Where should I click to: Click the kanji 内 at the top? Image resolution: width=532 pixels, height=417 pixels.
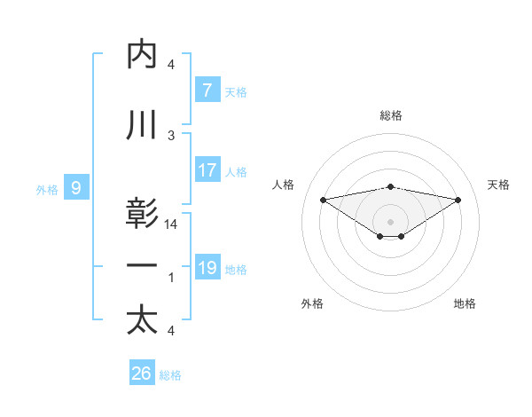[x=142, y=55]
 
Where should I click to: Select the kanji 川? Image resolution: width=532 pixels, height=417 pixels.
[x=142, y=126]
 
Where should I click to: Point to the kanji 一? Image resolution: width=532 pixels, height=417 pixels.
[x=142, y=265]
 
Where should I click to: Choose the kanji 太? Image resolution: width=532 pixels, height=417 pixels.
[x=142, y=320]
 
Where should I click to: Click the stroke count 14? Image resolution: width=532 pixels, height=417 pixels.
[x=172, y=225]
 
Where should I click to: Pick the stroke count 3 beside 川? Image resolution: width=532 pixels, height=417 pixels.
[x=171, y=136]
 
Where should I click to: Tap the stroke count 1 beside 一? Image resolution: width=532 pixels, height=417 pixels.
[x=171, y=278]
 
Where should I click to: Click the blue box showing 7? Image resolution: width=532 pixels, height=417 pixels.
[x=207, y=90]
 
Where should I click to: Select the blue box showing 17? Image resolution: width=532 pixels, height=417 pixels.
[x=207, y=170]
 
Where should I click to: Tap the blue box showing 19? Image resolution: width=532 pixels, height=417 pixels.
[x=207, y=267]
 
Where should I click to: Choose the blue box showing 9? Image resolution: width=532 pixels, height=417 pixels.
[x=76, y=187]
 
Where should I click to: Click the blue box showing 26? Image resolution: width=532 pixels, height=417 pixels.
[x=142, y=374]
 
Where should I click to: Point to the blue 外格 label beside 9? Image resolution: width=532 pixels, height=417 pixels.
[x=47, y=188]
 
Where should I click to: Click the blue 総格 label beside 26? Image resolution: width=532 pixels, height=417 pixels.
[x=170, y=375]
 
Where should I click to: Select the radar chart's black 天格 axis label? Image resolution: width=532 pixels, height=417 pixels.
[x=499, y=185]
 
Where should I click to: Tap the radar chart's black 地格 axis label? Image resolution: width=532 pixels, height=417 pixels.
[x=465, y=304]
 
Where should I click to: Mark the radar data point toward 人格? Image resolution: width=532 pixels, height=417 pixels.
[x=323, y=199]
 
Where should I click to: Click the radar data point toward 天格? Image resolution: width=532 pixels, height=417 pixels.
[x=458, y=200]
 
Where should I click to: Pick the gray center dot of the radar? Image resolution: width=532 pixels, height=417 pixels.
[x=390, y=221]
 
